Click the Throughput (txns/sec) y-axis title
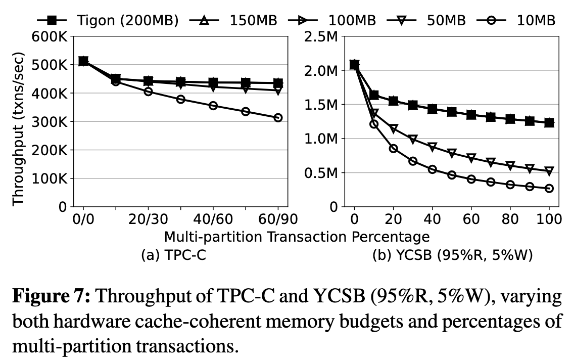(19, 122)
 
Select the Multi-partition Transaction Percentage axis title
(297, 237)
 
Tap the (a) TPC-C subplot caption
(173, 255)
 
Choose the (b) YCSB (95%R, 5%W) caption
(453, 255)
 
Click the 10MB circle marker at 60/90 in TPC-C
(277, 117)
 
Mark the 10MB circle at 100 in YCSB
(549, 188)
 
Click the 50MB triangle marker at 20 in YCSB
(394, 128)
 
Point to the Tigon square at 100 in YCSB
(549, 122)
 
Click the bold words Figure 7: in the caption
(50, 297)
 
